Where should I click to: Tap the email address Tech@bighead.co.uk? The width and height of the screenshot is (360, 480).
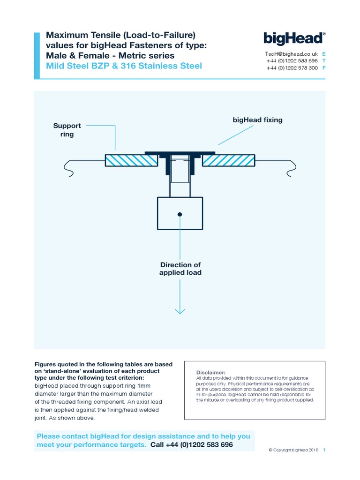click(x=292, y=54)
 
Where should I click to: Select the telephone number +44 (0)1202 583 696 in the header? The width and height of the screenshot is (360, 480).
click(x=292, y=61)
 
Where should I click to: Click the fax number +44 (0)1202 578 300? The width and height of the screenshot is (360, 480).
click(x=292, y=68)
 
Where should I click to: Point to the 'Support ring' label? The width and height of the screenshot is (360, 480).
click(x=67, y=130)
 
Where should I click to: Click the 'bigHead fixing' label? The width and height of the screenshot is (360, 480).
click(x=257, y=120)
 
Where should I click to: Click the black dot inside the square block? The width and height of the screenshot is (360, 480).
click(x=180, y=214)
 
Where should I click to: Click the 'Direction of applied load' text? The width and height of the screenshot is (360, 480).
click(x=180, y=269)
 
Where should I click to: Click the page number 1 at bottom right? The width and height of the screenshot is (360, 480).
click(x=324, y=450)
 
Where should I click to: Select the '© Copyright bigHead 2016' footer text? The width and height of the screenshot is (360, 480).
click(x=293, y=450)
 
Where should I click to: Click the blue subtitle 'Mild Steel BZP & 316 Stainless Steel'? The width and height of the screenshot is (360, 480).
click(x=124, y=66)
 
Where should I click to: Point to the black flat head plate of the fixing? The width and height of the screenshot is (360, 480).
click(x=180, y=153)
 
